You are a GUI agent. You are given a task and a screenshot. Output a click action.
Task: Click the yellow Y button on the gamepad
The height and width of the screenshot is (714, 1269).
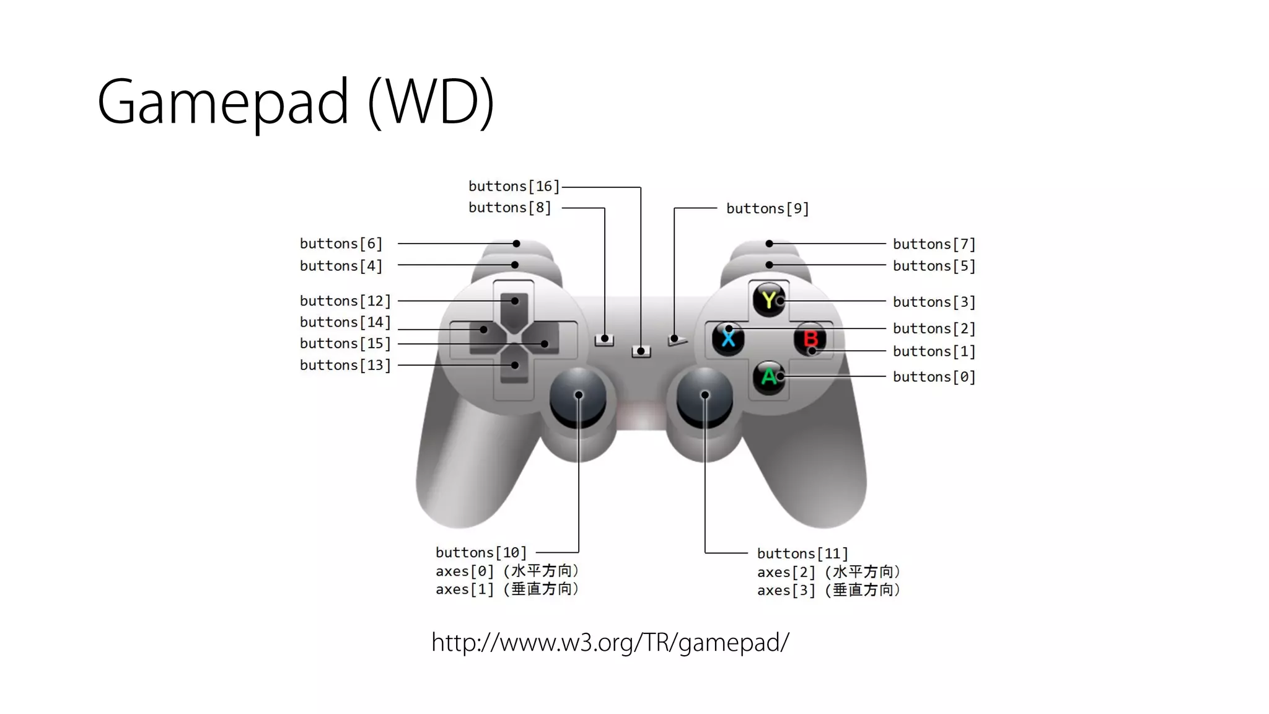coord(769,300)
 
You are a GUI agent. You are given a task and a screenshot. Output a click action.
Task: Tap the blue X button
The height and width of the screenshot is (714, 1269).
coord(728,338)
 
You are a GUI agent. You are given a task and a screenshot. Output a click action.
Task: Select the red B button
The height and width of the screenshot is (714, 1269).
coord(810,338)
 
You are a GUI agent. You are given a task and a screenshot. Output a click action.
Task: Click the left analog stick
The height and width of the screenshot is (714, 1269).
coord(578,397)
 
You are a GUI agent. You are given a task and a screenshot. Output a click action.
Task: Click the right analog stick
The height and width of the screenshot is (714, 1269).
coord(705,397)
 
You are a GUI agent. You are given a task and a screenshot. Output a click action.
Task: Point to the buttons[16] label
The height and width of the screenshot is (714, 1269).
coord(514,187)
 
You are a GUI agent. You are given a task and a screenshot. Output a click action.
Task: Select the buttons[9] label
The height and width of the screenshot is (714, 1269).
coord(768,209)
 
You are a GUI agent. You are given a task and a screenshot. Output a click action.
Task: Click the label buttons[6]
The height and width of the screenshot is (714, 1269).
coord(341,244)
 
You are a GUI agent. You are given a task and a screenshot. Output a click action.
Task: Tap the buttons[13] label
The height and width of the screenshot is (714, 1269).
coord(345,365)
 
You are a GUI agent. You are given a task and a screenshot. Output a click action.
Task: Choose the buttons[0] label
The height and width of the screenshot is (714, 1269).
coord(934,377)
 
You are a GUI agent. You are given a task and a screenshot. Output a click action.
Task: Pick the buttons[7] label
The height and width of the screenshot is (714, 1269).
coord(934,244)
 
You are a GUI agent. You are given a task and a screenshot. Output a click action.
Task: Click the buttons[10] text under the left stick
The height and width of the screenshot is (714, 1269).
coord(481,552)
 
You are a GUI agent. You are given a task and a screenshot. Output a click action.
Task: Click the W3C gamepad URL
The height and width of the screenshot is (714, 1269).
coord(610,643)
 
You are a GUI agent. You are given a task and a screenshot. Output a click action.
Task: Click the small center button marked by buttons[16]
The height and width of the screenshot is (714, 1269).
coord(641,352)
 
